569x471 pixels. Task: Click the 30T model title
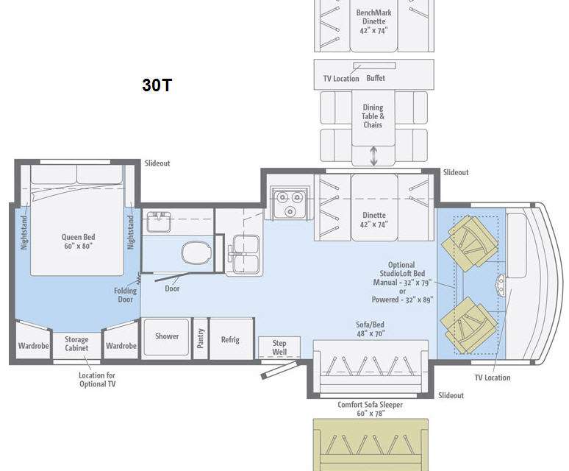(x=157, y=85)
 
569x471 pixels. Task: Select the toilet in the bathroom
(x=196, y=252)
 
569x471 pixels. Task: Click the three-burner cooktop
(x=290, y=203)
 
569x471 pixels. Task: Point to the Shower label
(x=167, y=336)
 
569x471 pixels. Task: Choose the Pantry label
(x=201, y=338)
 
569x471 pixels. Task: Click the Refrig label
(x=230, y=339)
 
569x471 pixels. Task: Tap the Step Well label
(x=279, y=347)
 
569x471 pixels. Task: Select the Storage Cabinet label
(x=76, y=344)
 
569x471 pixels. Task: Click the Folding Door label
(x=126, y=295)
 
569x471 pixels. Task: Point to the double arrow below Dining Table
(x=373, y=156)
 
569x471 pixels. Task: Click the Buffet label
(x=376, y=78)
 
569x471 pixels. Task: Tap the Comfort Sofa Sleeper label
(x=370, y=405)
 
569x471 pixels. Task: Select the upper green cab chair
(x=470, y=242)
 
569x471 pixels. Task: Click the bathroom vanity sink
(x=160, y=222)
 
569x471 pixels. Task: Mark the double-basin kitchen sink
(x=246, y=254)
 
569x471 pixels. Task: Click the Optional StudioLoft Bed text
(x=402, y=269)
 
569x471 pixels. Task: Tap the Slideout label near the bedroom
(x=157, y=163)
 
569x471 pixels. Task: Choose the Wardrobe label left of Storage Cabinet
(x=34, y=346)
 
